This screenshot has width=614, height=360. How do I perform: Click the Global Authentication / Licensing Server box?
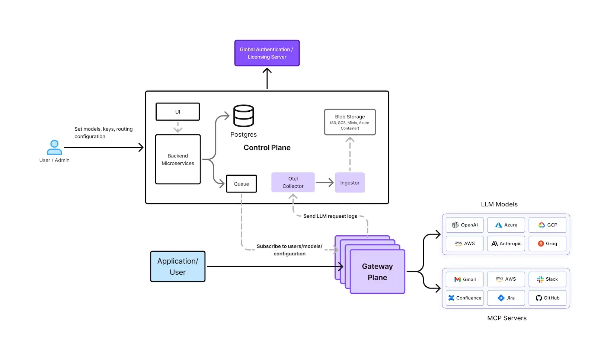pyautogui.click(x=267, y=53)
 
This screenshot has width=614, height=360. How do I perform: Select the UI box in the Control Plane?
pyautogui.click(x=178, y=112)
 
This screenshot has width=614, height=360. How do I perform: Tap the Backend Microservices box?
pyautogui.click(x=178, y=159)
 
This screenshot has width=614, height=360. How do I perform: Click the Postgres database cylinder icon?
pyautogui.click(x=243, y=116)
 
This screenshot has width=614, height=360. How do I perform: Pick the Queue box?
pyautogui.click(x=241, y=184)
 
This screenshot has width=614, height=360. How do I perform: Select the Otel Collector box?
pyautogui.click(x=293, y=182)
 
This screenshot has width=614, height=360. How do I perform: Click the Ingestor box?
pyautogui.click(x=349, y=183)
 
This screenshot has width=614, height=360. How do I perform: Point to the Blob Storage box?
pyautogui.click(x=350, y=122)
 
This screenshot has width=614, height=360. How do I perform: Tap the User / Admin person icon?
pyautogui.click(x=54, y=147)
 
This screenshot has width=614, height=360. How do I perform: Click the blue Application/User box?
pyautogui.click(x=178, y=267)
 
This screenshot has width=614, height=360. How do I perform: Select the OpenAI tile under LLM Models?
pyautogui.click(x=464, y=225)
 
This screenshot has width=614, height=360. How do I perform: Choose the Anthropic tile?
pyautogui.click(x=506, y=243)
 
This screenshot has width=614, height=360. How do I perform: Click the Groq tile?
pyautogui.click(x=547, y=243)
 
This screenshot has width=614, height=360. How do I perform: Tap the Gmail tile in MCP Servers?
pyautogui.click(x=464, y=279)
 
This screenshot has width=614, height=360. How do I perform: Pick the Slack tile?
pyautogui.click(x=547, y=279)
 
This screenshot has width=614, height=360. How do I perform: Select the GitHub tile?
pyautogui.click(x=547, y=298)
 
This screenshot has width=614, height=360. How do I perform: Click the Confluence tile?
pyautogui.click(x=464, y=298)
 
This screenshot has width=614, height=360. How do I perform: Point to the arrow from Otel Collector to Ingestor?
pyautogui.click(x=324, y=182)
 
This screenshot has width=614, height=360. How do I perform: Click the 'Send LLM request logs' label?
pyautogui.click(x=330, y=216)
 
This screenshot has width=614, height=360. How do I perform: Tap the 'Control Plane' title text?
pyautogui.click(x=267, y=148)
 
